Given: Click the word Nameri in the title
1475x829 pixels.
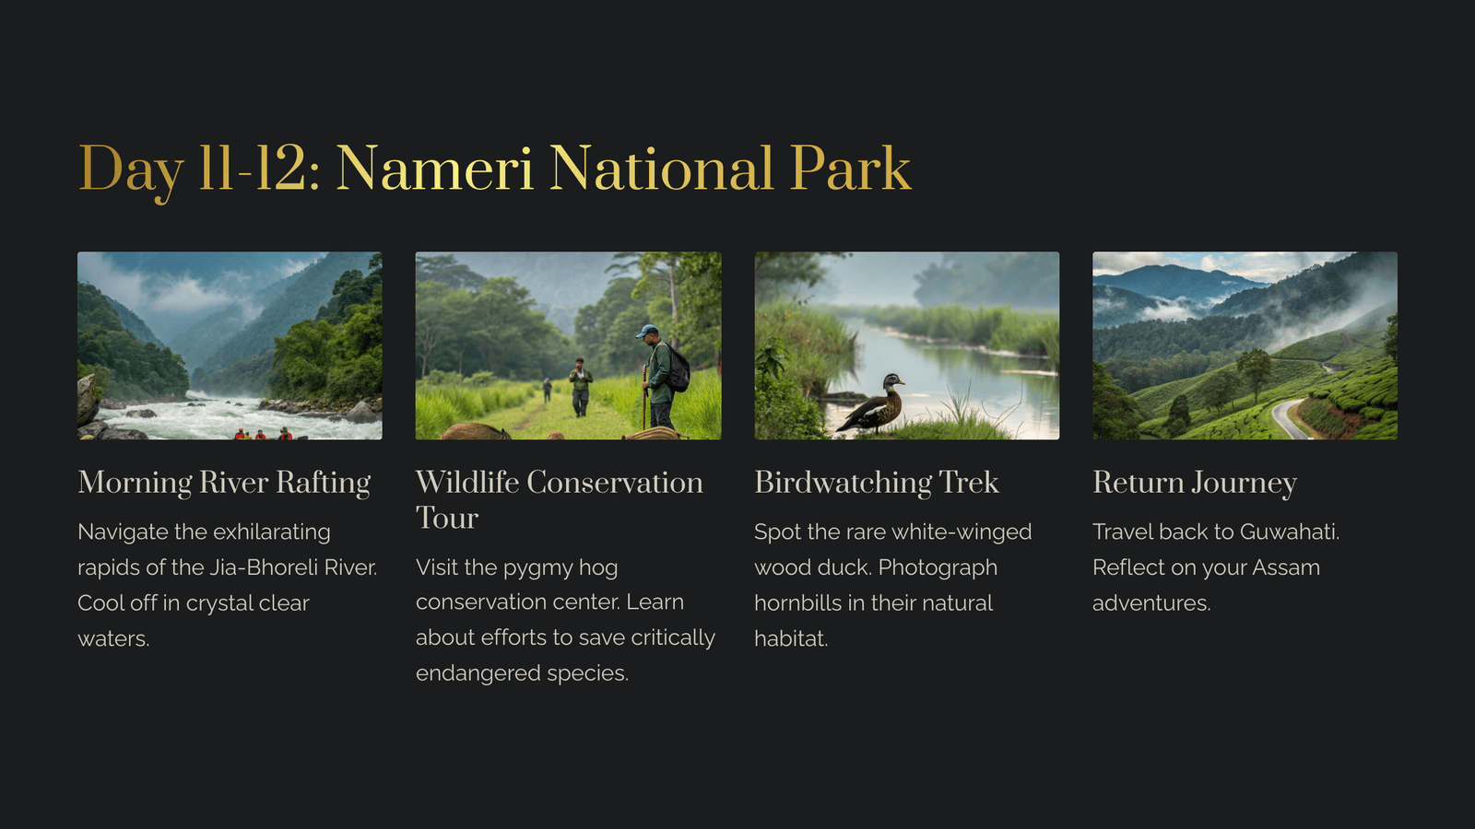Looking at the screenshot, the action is (434, 169).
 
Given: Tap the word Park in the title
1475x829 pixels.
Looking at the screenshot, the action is (850, 169).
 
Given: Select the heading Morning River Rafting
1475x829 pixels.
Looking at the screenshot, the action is (224, 483).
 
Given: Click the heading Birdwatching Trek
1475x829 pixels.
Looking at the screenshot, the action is (877, 483).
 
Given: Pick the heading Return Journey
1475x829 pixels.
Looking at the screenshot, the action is (1195, 483).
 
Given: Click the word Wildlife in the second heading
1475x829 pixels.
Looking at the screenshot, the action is (466, 483).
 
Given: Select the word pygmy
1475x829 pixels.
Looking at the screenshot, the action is (538, 568).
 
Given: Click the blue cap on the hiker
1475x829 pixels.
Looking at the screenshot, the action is (646, 331).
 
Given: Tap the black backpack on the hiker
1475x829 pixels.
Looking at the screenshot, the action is (678, 368).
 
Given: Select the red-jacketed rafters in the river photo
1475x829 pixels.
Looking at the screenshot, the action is (263, 434).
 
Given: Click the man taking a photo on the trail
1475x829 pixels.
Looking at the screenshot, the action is (580, 387).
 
